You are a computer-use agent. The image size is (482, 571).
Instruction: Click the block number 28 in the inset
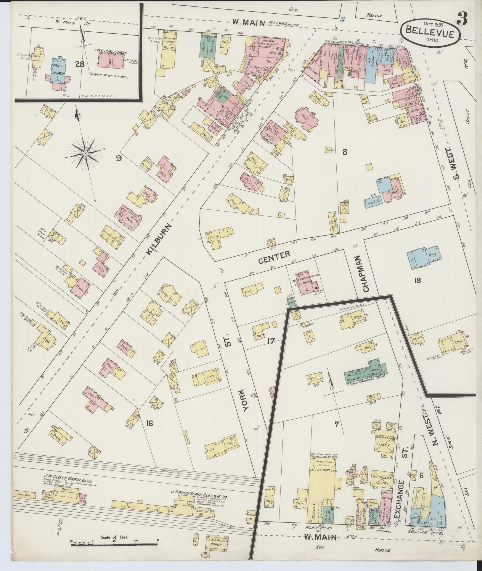point(80,64)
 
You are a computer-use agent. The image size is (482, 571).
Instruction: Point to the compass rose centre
point(85,153)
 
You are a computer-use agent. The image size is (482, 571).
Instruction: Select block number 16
point(149,423)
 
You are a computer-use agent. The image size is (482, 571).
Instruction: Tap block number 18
point(417,280)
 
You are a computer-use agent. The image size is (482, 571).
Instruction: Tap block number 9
point(119,158)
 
